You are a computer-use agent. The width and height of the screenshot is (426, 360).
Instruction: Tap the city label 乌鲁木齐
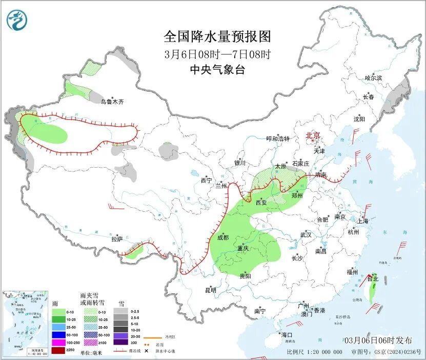[x=112, y=102]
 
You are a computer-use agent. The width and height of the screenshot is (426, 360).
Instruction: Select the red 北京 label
[x=313, y=135]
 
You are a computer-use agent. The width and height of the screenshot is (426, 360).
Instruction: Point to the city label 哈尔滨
[x=373, y=78]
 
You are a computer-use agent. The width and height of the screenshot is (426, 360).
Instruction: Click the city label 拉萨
[x=117, y=239]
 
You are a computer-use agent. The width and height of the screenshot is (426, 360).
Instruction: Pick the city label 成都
[x=223, y=237]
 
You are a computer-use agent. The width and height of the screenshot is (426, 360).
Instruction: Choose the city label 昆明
[x=211, y=290]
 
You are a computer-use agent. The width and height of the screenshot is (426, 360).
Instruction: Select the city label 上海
[x=363, y=221]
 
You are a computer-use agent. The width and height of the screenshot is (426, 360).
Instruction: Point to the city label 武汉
[x=306, y=234]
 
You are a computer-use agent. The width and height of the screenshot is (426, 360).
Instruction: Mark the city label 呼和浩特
[x=278, y=138]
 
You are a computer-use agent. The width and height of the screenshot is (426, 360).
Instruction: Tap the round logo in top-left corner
[x=17, y=20]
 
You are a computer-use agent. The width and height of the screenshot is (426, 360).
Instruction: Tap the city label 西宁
[x=206, y=180]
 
